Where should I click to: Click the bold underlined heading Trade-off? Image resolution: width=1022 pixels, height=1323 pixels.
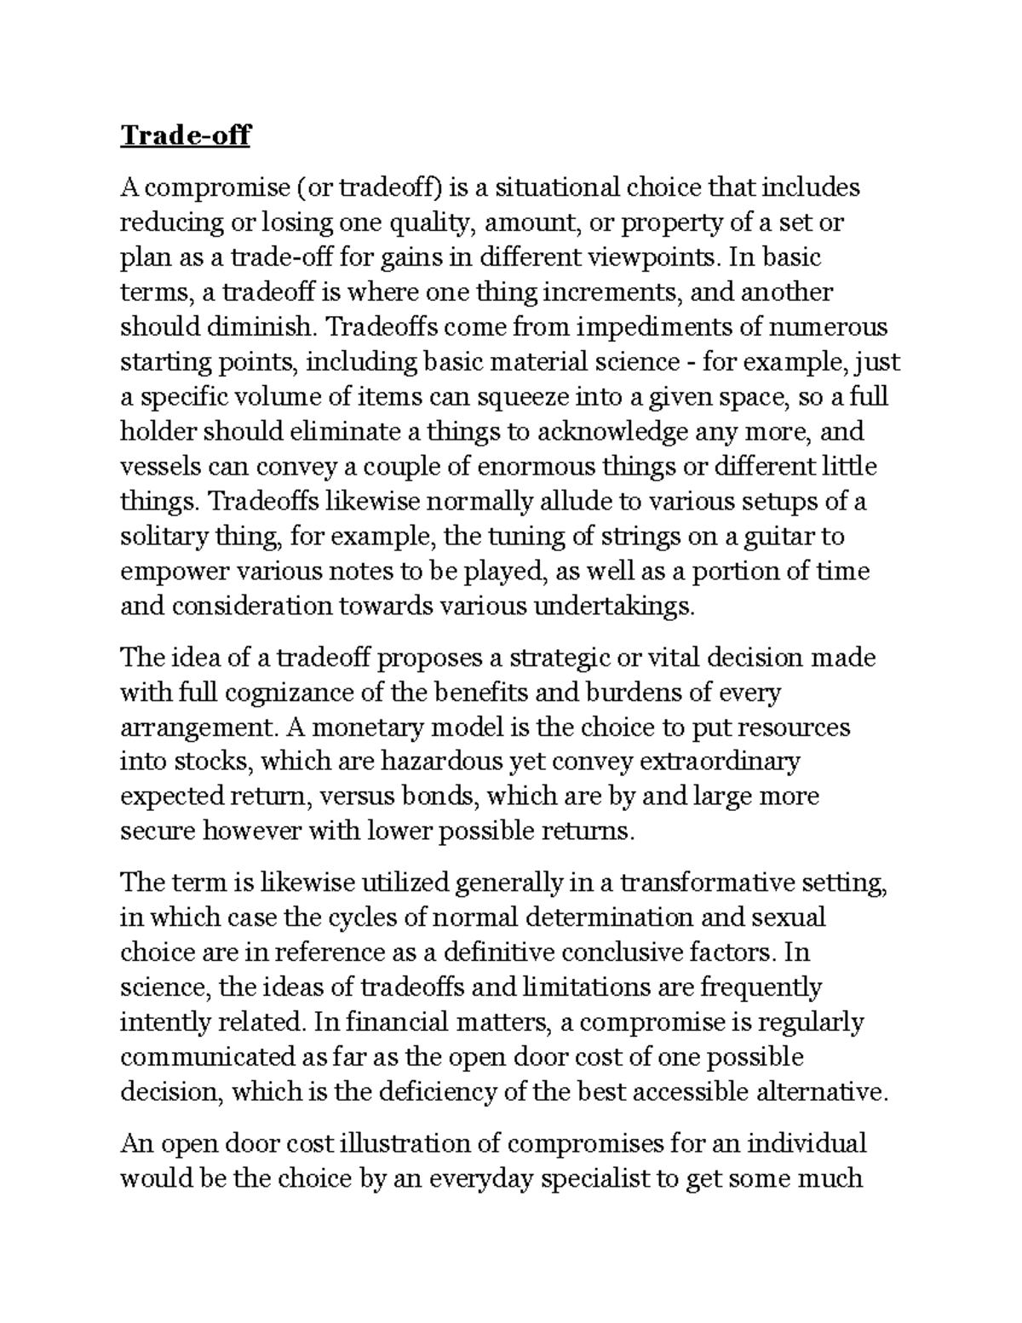point(185,136)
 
